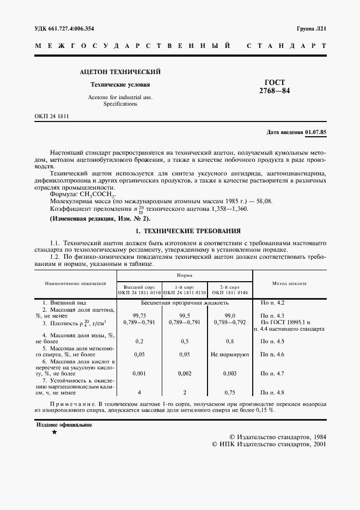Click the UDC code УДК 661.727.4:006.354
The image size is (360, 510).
[64, 28]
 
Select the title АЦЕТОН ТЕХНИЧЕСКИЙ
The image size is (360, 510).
[120, 72]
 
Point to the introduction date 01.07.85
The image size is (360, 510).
[316, 132]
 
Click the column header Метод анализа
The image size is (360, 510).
[289, 283]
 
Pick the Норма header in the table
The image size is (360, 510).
[184, 276]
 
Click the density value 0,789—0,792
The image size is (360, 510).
[230, 323]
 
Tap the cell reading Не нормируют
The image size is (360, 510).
[230, 354]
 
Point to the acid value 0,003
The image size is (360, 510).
[230, 373]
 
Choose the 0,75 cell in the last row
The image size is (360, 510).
[230, 392]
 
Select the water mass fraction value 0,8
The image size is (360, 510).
[230, 341]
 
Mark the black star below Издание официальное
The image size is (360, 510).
[54, 432]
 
